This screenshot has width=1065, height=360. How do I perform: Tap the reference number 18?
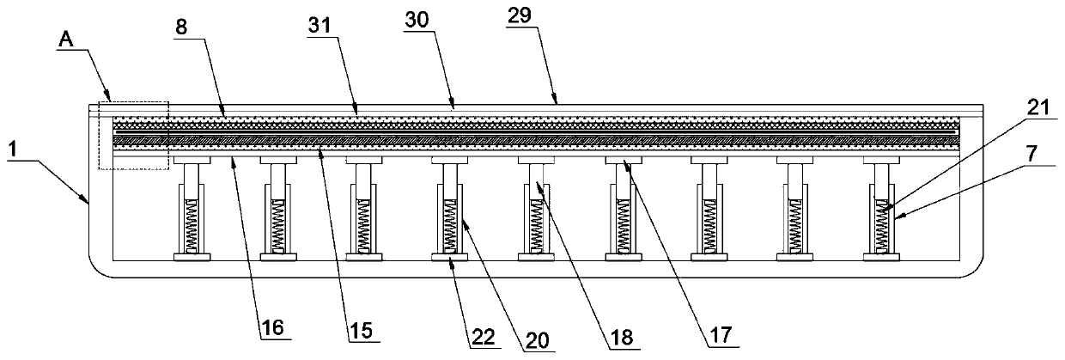[x=624, y=339]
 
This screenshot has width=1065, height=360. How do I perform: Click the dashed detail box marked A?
[x=133, y=135]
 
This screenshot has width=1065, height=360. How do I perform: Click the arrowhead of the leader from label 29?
[x=557, y=103]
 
